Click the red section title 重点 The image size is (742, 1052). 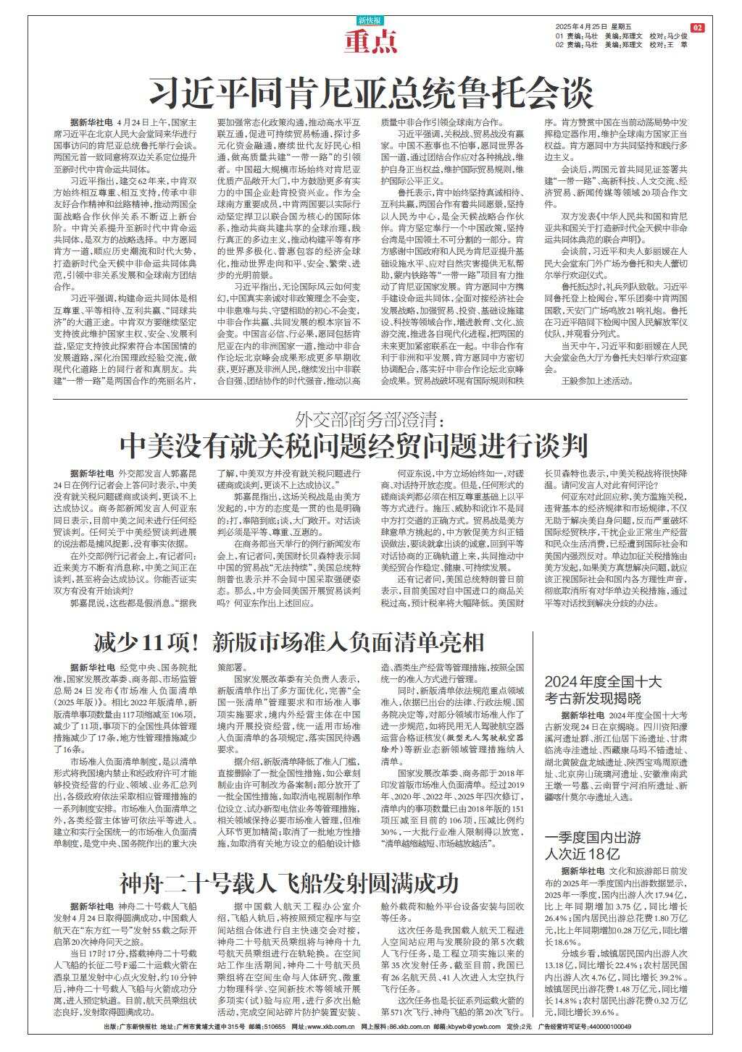click(370, 43)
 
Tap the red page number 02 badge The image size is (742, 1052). click(697, 28)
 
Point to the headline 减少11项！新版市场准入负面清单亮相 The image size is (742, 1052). click(288, 642)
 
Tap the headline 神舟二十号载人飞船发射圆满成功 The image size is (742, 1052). click(290, 884)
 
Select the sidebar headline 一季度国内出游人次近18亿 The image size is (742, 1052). click(593, 845)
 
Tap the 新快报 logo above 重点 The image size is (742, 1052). click(371, 21)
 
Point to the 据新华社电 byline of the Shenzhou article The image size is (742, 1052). click(91, 906)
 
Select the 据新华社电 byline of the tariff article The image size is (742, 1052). click(91, 472)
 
